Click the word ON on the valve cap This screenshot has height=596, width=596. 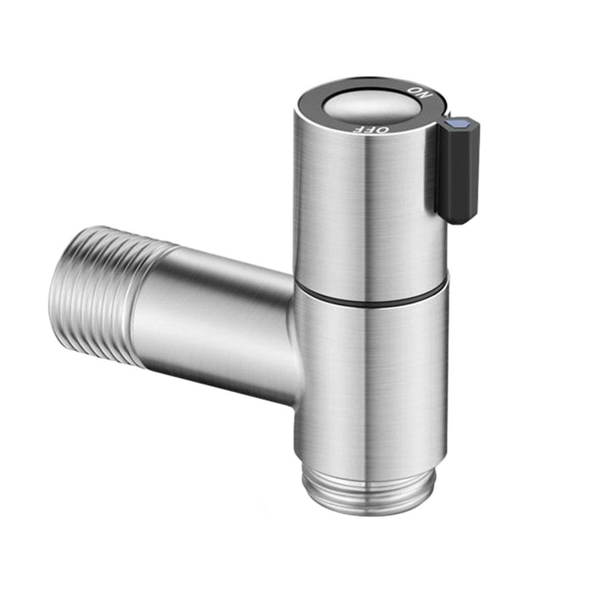pos(418,92)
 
